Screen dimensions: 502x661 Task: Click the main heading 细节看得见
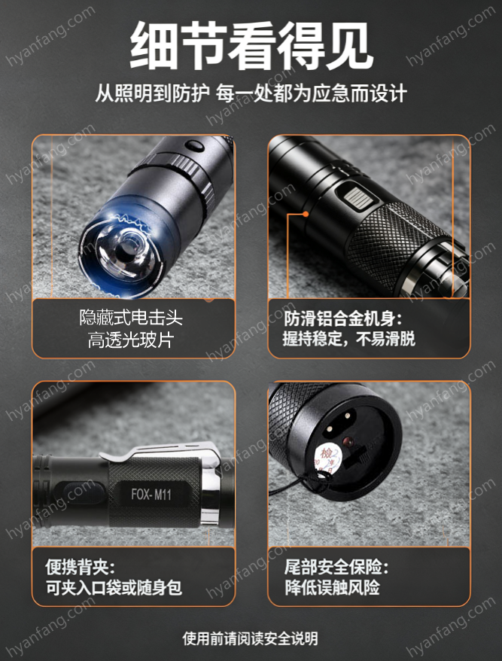(x=251, y=46)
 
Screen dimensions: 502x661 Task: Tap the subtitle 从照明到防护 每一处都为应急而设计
(x=251, y=93)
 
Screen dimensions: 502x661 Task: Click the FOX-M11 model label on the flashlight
(x=151, y=494)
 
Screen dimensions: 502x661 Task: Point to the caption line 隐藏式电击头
(x=131, y=318)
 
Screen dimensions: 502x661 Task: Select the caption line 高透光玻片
(x=131, y=340)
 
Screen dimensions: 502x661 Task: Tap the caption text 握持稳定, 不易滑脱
(x=349, y=339)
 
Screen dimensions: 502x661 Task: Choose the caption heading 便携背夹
(x=80, y=567)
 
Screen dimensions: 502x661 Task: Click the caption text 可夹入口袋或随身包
(x=114, y=588)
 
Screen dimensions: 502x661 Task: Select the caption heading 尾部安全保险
(x=336, y=567)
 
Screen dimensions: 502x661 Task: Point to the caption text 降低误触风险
(x=332, y=588)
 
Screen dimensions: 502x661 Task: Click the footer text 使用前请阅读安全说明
(x=251, y=638)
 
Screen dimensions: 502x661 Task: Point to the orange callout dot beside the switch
(x=306, y=214)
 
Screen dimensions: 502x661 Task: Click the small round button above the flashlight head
(x=194, y=146)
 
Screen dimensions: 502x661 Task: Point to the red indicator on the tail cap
(x=347, y=441)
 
